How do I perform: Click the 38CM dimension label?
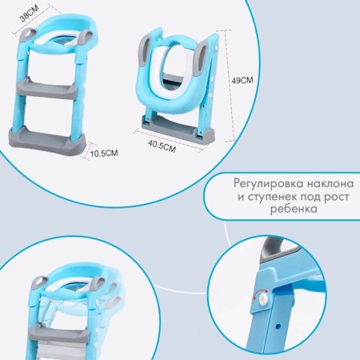[x=30, y=13]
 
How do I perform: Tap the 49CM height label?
[x=242, y=80]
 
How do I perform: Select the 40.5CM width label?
[x=162, y=146]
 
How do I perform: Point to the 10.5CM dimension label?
[x=104, y=154]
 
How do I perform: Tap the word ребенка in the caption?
[x=294, y=209]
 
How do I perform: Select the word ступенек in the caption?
[x=273, y=197]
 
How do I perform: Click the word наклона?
[x=330, y=184]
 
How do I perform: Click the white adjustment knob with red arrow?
[x=264, y=299]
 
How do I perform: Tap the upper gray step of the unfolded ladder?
[x=47, y=90]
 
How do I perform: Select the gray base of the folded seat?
[x=178, y=130]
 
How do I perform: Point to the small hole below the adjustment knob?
[x=278, y=326]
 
